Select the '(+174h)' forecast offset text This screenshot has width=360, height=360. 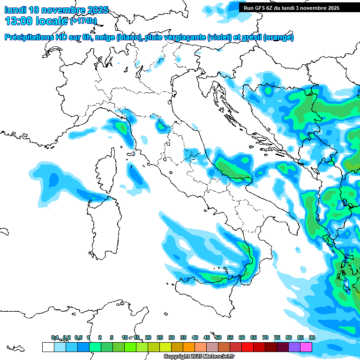(83, 21)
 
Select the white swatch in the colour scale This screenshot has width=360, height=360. (48, 347)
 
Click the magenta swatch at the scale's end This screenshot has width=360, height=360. (306, 347)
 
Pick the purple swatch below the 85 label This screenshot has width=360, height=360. (294, 347)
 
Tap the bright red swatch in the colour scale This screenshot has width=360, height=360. (247, 347)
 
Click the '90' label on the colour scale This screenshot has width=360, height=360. (312, 337)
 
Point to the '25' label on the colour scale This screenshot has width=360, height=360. (160, 337)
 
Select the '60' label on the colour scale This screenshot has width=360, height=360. (242, 337)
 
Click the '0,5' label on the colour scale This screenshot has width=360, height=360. (78, 337)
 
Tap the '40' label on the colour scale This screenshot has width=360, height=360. (195, 337)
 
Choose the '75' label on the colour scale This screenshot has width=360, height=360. (277, 337)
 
